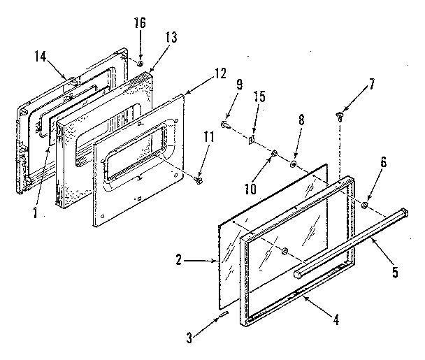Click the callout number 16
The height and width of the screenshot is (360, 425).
(x=140, y=24)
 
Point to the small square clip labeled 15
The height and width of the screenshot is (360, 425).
(x=249, y=140)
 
